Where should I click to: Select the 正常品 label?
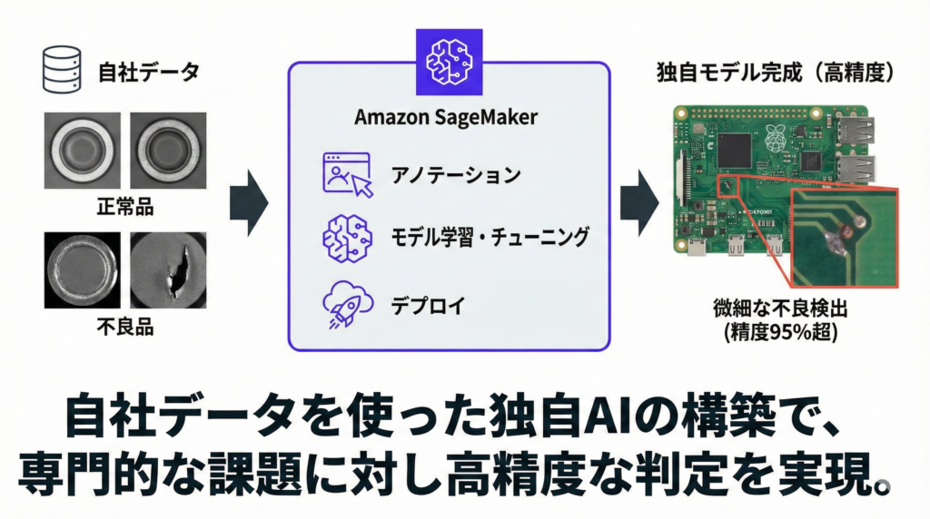pos(124,206)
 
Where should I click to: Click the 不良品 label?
pos(124,326)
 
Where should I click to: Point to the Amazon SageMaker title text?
pos(446,118)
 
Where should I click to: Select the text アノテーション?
pos(455,175)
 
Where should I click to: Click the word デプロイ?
pos(427,306)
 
